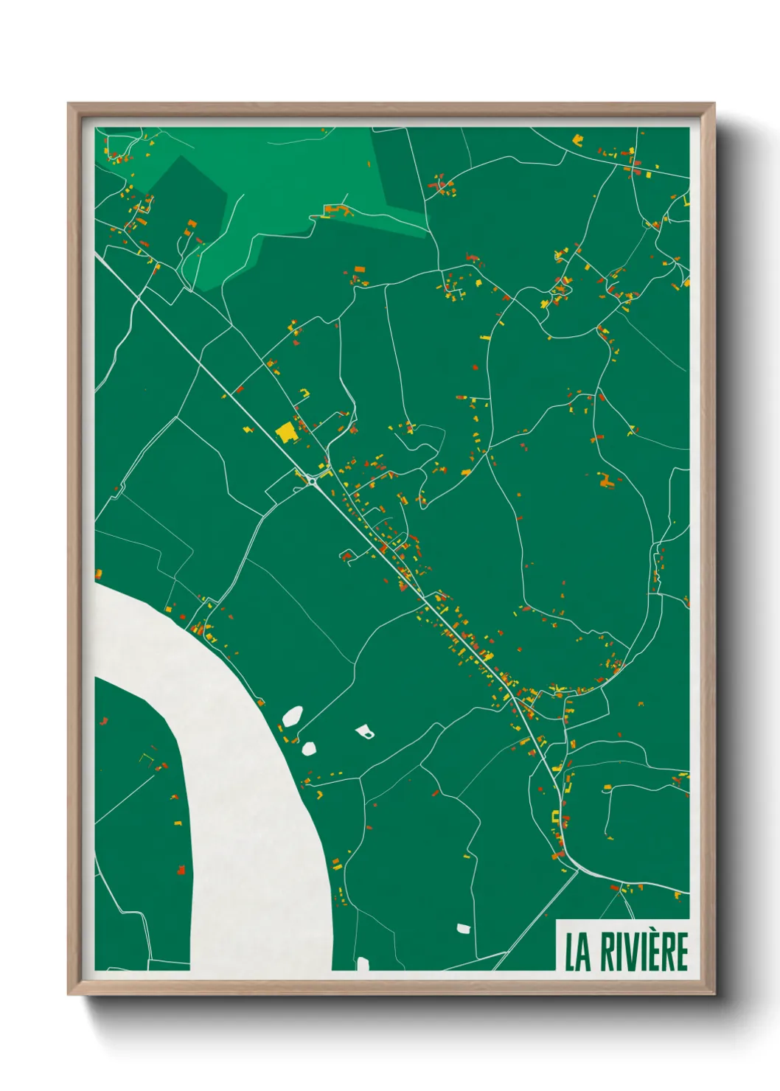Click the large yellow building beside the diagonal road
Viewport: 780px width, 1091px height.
click(285, 432)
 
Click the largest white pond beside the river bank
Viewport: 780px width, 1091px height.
click(293, 714)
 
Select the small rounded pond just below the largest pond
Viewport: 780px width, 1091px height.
click(309, 748)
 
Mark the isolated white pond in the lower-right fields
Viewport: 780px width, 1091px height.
click(463, 928)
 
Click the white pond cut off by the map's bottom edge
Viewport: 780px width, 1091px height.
click(362, 963)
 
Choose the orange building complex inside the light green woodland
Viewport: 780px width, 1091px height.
click(338, 212)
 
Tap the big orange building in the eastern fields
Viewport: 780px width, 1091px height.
click(606, 481)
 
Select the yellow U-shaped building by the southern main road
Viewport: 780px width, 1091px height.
click(555, 816)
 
